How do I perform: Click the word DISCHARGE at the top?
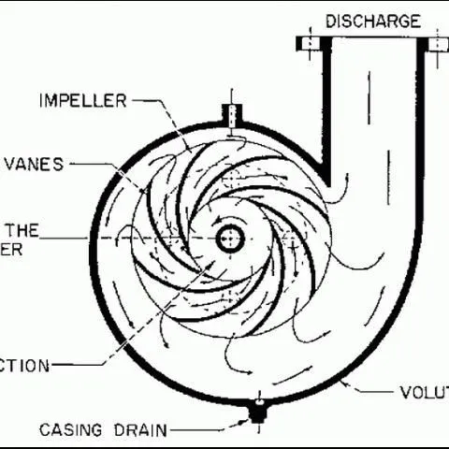[x=373, y=21]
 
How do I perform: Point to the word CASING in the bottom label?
[x=73, y=431]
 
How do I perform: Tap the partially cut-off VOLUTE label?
[x=424, y=392]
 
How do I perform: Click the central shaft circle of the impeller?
[x=227, y=239]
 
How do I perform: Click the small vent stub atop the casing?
[x=230, y=114]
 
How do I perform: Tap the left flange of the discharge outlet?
[x=310, y=43]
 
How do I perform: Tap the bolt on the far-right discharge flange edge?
[x=439, y=43]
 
